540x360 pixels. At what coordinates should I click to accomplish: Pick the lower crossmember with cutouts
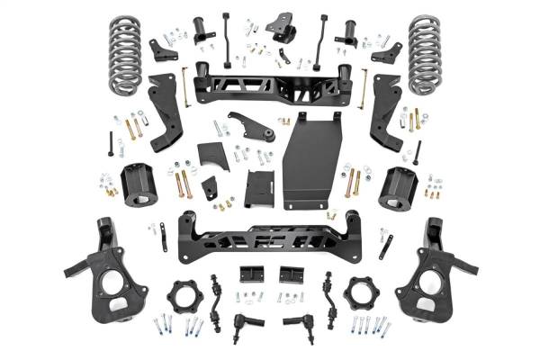click(x=270, y=238)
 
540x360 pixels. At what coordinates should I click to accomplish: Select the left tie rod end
click(x=243, y=322)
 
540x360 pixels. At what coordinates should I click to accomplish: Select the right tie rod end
click(x=297, y=322)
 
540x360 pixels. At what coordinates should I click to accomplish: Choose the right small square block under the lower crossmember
click(x=289, y=274)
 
